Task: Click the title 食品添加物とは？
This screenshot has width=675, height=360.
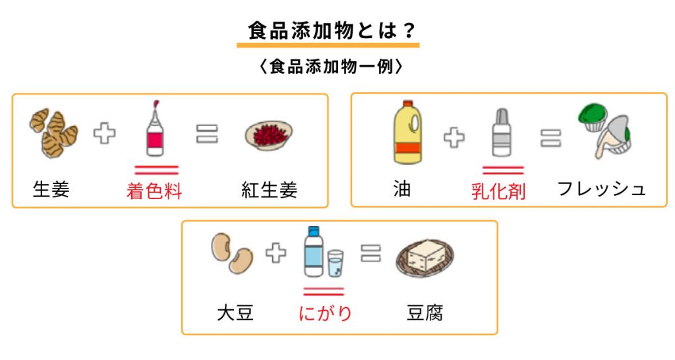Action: (328, 31)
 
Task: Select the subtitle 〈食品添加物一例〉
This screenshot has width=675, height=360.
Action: (328, 67)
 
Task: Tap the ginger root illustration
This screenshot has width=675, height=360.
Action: (53, 133)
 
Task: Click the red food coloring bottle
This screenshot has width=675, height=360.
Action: (155, 131)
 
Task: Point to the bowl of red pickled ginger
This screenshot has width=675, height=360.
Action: (268, 134)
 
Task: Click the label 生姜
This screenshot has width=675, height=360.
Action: (51, 190)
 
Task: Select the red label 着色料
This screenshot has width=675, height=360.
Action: (154, 191)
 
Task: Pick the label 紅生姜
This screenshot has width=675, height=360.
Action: (269, 190)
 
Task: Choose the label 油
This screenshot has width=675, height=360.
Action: (401, 190)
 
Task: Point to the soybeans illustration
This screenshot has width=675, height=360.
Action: (232, 254)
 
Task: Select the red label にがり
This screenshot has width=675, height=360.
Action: (324, 313)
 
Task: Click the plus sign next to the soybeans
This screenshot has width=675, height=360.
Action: (276, 253)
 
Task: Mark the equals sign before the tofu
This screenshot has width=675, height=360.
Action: (371, 253)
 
